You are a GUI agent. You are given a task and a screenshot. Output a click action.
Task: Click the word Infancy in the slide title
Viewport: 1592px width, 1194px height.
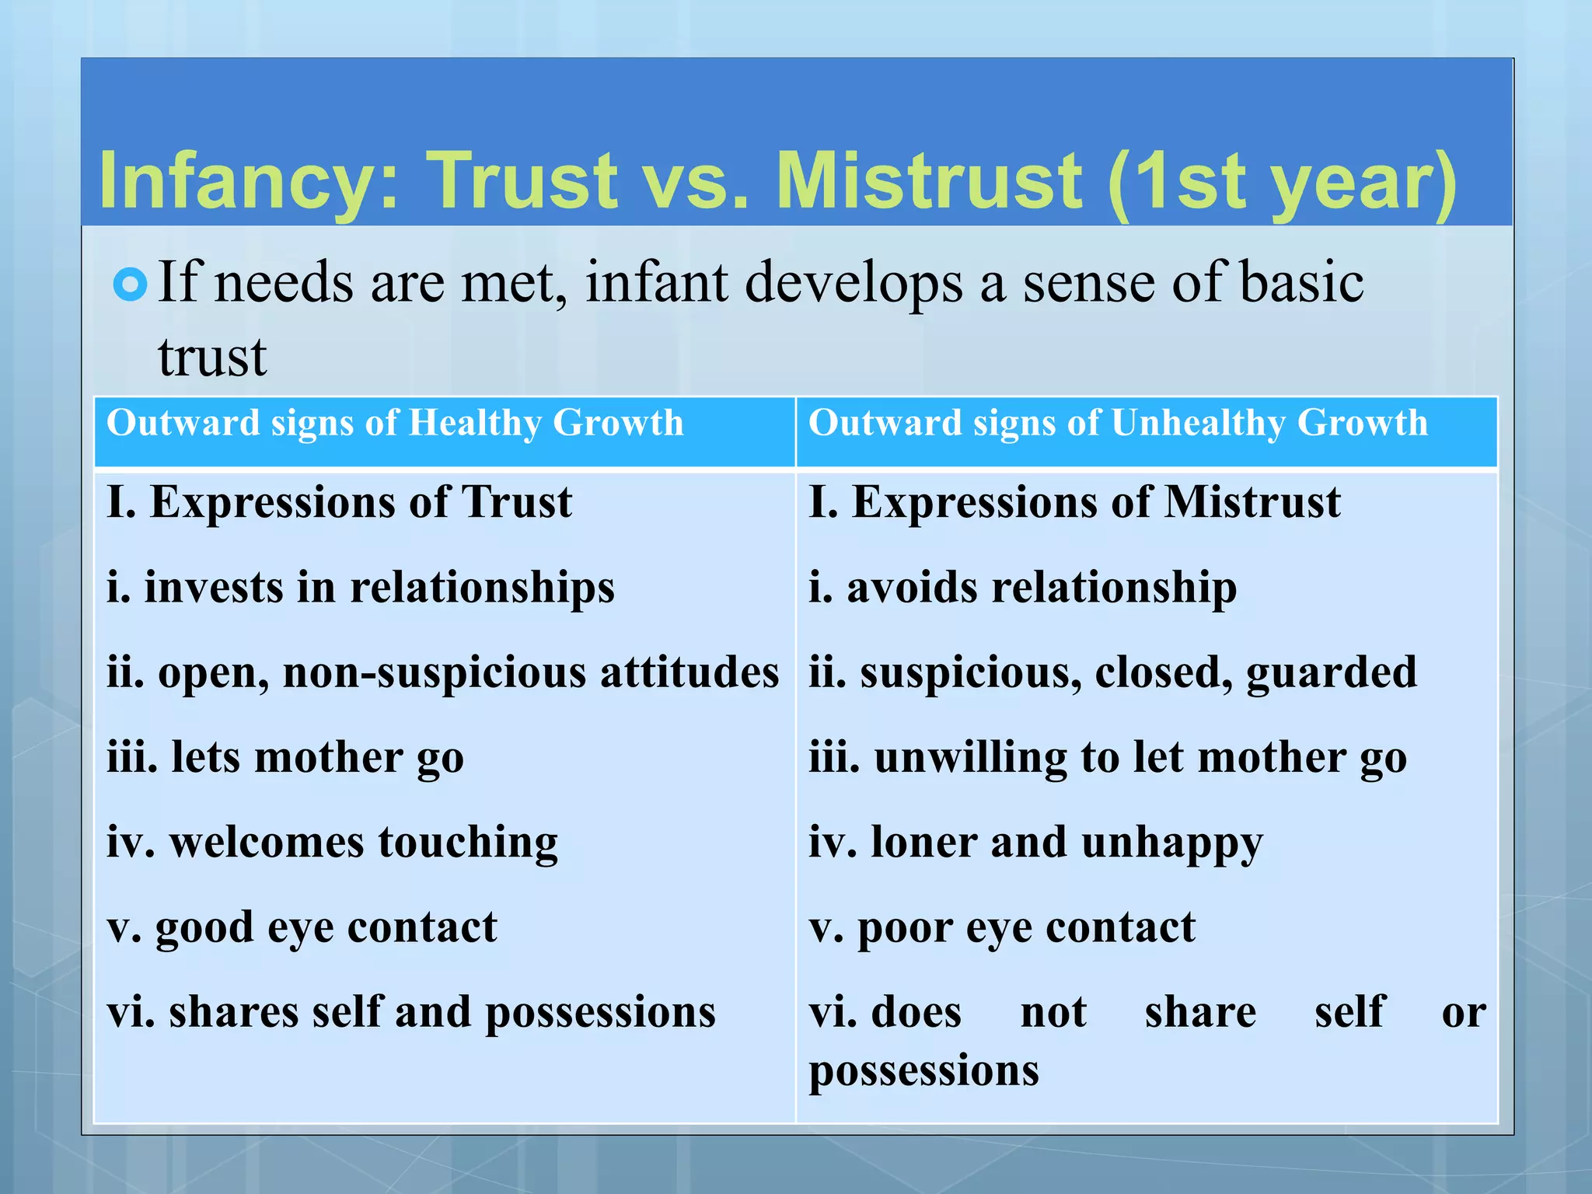247,182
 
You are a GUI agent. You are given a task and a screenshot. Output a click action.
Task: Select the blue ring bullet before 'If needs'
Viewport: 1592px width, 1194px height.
130,285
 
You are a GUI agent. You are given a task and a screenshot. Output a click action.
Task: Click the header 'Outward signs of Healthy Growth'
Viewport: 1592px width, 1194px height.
395,424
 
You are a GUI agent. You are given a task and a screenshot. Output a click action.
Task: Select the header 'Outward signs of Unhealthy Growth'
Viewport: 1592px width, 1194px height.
1118,424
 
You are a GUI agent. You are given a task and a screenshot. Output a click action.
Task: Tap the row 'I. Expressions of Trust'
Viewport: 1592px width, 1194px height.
340,502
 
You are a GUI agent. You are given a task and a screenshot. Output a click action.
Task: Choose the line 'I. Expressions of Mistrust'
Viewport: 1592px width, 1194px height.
1074,502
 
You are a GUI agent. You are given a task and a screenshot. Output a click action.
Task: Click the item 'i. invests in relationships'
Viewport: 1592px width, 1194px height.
361,587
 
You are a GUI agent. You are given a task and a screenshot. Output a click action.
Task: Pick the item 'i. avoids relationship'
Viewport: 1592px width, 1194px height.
1022,587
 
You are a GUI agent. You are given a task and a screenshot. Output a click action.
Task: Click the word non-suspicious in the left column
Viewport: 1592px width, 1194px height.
434,672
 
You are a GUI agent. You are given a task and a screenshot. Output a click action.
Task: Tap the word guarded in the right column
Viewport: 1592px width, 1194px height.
1332,672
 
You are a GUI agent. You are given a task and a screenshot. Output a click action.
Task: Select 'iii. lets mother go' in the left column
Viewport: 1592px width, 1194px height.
285,757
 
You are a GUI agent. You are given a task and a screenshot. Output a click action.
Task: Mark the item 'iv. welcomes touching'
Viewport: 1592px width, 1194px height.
332,843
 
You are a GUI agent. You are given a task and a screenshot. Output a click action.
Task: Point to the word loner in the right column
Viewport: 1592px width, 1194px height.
923,843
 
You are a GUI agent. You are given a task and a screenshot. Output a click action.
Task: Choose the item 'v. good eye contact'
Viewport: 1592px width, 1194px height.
302,927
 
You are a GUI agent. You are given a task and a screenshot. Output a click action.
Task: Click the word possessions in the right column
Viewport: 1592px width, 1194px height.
923,1071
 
